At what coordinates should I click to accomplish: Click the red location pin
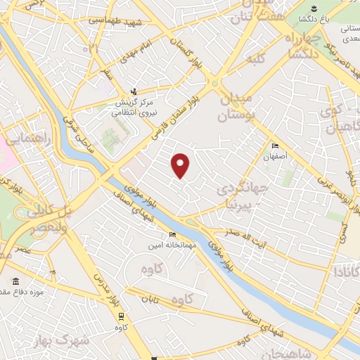[x=181, y=165]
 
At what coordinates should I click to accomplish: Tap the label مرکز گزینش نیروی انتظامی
[x=134, y=105]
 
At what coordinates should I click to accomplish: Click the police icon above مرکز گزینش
[x=135, y=91]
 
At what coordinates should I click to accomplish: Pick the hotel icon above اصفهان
[x=274, y=146]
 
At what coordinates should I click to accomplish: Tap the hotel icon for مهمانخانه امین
[x=173, y=235]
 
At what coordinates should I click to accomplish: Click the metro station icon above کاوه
[x=121, y=316]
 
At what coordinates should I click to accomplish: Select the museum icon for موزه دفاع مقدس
[x=15, y=281]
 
